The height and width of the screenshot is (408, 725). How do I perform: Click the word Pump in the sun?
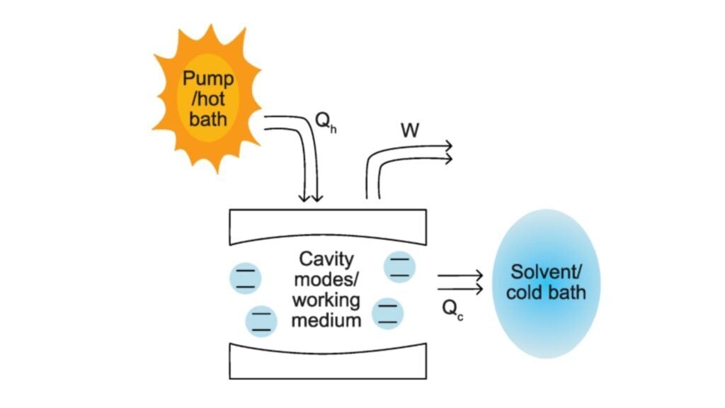pos(208,77)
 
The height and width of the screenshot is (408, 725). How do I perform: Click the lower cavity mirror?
pos(328,362)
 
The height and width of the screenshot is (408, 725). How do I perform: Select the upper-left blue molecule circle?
pos(244,278)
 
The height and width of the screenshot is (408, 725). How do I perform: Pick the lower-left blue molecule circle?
pos(262,321)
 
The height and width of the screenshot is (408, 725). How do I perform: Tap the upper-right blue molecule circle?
pos(400,267)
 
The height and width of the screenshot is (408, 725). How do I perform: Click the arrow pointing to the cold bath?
pos(460,282)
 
